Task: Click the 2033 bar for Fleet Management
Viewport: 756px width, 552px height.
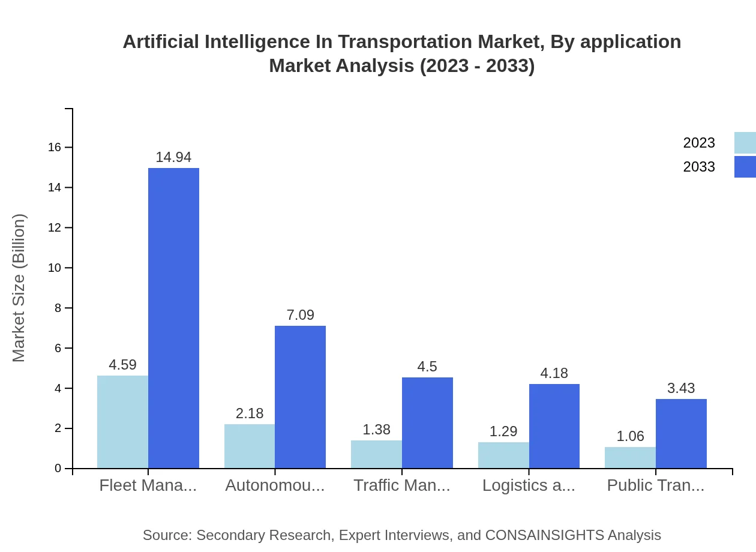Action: point(173,318)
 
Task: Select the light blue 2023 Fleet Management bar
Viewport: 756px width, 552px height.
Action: point(122,422)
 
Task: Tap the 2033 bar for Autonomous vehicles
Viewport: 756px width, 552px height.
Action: point(300,397)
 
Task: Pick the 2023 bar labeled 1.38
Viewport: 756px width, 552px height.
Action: point(376,454)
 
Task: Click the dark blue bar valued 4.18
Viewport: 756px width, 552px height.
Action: point(554,426)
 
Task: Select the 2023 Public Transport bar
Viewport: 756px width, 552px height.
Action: point(630,457)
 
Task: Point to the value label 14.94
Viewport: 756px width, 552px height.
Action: point(173,157)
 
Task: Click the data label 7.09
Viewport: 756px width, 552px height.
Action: point(300,315)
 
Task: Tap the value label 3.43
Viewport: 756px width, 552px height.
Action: point(681,388)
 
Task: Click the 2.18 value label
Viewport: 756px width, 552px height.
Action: point(250,413)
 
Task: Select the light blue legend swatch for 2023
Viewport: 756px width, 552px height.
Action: point(745,143)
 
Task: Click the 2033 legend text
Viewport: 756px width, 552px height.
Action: point(699,167)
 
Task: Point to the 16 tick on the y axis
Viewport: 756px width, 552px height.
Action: point(55,148)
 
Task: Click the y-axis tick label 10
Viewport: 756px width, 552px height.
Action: point(55,268)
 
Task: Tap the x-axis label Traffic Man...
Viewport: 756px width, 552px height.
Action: point(401,485)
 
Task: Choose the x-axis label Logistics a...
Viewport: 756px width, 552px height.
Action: point(529,485)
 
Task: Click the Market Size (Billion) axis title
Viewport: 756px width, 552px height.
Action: point(19,288)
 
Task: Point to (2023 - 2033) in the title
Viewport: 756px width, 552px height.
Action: point(477,65)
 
